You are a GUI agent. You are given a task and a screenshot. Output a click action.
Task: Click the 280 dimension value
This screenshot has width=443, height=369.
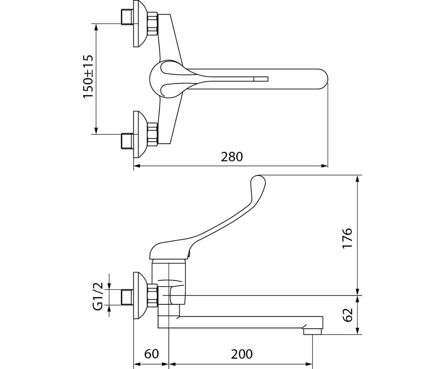tap(232, 157)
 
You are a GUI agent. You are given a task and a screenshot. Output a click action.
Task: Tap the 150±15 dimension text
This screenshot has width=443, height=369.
tap(88, 76)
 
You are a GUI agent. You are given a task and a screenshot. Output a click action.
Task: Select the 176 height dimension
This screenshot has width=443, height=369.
tap(347, 238)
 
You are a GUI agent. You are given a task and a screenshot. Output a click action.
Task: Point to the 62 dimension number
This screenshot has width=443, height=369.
tap(347, 315)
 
